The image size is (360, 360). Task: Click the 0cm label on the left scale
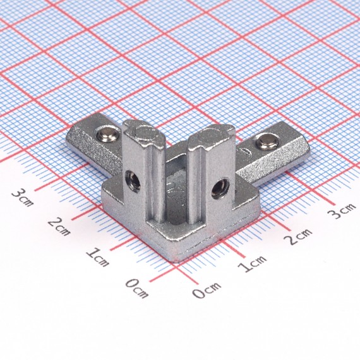137,288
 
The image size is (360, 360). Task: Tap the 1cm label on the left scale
97,257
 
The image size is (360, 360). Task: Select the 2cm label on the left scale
59,226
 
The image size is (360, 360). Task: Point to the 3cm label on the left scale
23,197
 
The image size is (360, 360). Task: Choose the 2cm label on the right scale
297,236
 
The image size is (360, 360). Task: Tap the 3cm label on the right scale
342,211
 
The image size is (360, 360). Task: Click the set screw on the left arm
107,136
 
